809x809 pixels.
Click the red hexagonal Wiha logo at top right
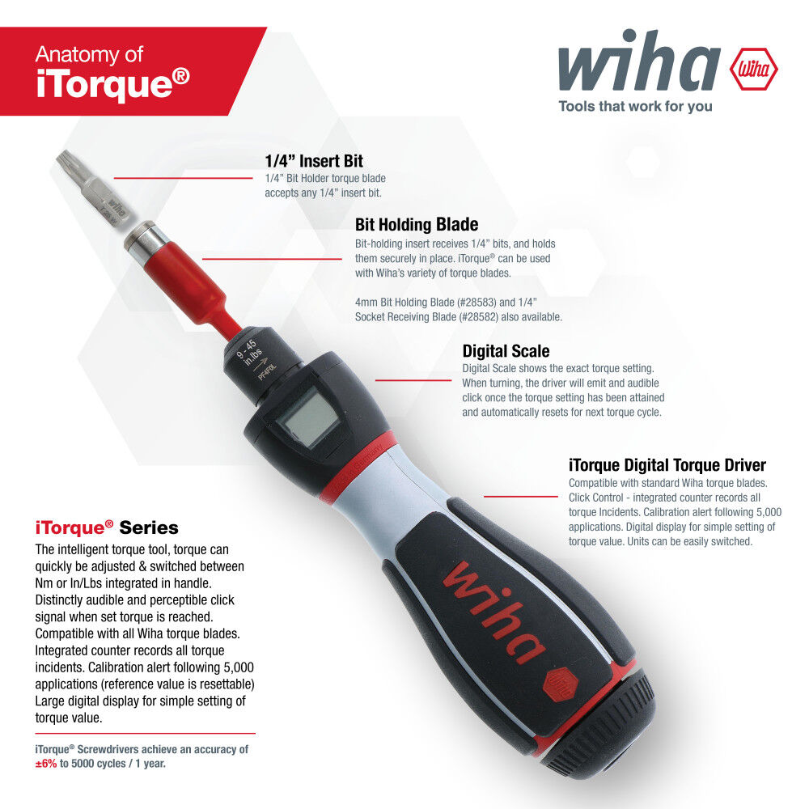[x=754, y=69]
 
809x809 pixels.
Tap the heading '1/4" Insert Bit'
[x=314, y=161]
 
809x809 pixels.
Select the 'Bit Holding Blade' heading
[x=417, y=224]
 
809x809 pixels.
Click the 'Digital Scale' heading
[x=506, y=351]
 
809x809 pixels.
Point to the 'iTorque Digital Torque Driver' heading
[x=667, y=465]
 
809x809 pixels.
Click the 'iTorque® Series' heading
[x=107, y=527]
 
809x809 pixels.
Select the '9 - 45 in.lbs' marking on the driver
[x=250, y=353]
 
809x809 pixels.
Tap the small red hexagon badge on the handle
[x=561, y=686]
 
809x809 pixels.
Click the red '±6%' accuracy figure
[x=46, y=764]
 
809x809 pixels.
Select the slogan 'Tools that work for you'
[x=635, y=106]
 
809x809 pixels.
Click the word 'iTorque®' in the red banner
[x=113, y=83]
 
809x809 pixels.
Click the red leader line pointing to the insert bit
[x=183, y=178]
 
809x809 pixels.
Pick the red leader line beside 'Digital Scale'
[x=413, y=380]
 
